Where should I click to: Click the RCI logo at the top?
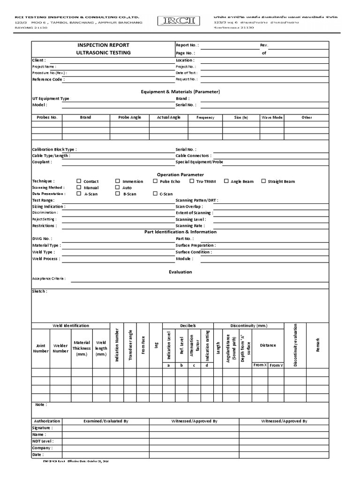[180, 20]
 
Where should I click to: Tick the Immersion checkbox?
[118, 181]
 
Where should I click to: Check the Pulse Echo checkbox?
[155, 181]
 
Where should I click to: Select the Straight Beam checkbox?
[263, 181]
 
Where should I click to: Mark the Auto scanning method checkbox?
[118, 187]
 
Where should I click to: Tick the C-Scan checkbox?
[155, 194]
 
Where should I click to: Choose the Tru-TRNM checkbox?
[192, 181]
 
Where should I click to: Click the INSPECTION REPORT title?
[103, 45]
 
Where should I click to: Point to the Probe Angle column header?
[129, 117]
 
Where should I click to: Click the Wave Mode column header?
[272, 117]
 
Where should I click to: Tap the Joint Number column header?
[41, 348]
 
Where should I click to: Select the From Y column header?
[277, 365]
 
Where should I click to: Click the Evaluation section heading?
[180, 272]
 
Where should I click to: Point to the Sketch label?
[39, 291]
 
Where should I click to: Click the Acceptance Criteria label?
[49, 278]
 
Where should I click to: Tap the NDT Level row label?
[43, 441]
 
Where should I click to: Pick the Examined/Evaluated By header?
[105, 421]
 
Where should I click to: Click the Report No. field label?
[187, 45]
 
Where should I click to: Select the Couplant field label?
[42, 162]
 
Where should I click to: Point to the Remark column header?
[317, 345]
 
